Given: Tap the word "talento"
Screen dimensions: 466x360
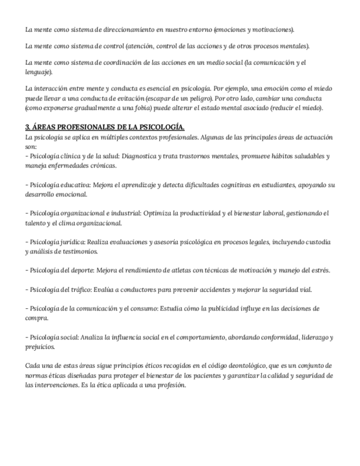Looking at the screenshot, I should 37,223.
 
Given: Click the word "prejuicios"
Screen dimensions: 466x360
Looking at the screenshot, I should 40,347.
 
